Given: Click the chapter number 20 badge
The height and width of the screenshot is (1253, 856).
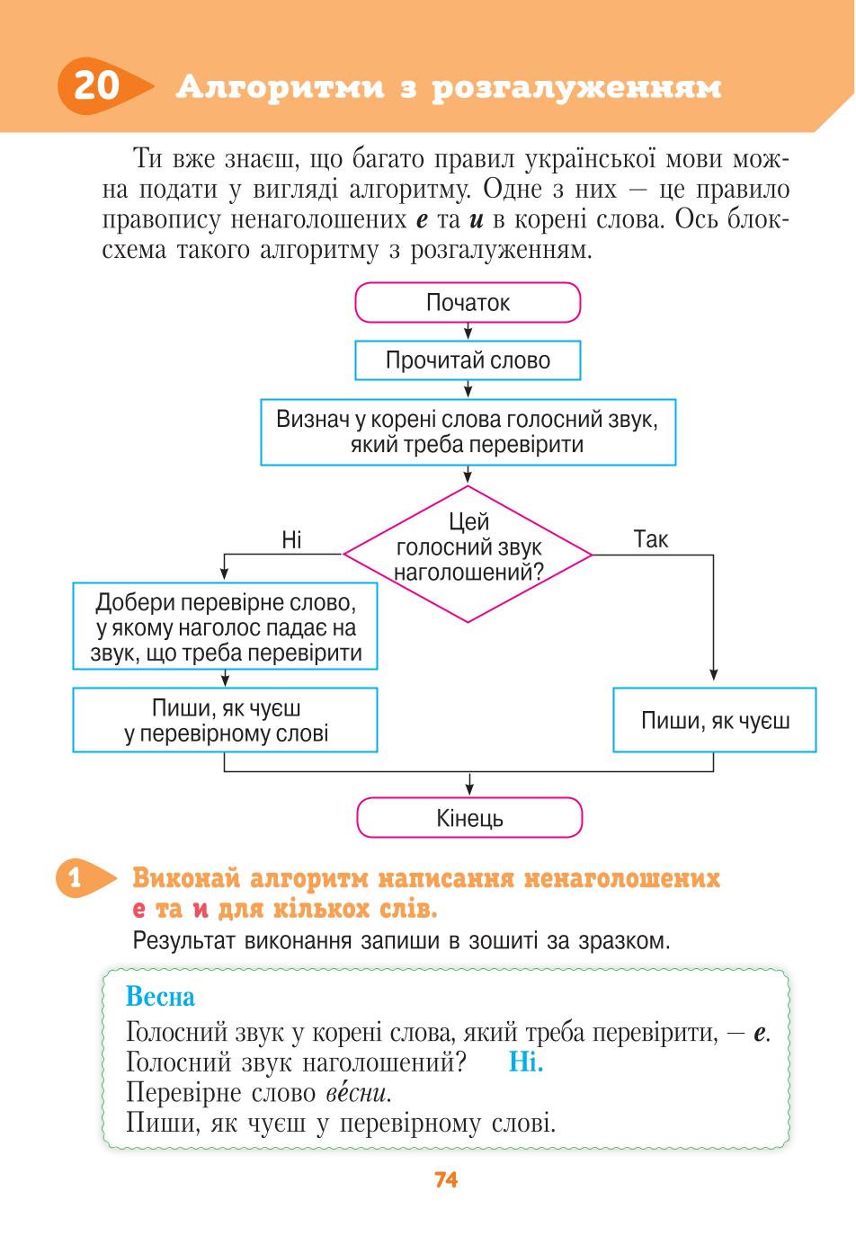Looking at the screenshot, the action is point(103,86).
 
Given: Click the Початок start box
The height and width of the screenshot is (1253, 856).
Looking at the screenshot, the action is point(468,303).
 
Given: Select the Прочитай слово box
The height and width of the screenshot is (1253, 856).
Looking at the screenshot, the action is point(468,360).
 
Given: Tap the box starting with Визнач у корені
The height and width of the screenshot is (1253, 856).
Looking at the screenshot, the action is point(468,431).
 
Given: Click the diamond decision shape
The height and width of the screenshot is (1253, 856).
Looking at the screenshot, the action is point(468,554).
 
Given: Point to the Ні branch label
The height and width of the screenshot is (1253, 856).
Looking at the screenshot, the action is point(291,540).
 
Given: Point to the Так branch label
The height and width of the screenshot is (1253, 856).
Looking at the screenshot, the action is point(651,539).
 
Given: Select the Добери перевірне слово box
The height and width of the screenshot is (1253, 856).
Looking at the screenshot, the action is point(225,626).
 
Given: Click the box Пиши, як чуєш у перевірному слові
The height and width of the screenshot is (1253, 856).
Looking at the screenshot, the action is point(225,720).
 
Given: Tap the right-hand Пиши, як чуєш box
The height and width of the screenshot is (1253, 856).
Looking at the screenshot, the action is point(715,720).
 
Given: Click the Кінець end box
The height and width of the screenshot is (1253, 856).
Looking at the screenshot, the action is point(469,818).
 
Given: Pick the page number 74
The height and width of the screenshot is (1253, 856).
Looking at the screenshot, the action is point(446,1179).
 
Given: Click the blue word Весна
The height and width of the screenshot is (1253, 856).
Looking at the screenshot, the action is point(160,996).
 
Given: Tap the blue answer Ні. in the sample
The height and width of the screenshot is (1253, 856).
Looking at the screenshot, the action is point(526,1062).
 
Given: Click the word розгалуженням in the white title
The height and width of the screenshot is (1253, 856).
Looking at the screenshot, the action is point(577,88).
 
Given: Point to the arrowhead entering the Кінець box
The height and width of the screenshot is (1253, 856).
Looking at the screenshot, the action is point(469,792).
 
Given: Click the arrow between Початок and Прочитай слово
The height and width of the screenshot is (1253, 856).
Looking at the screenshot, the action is point(468,332).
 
